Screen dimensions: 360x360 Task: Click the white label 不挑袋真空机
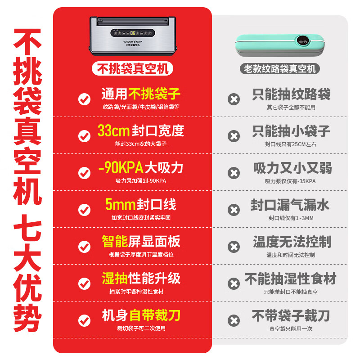(x=133, y=68)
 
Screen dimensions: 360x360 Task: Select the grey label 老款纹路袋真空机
(x=281, y=69)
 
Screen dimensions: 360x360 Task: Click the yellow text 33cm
(x=113, y=131)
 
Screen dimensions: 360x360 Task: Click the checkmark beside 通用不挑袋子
(x=84, y=99)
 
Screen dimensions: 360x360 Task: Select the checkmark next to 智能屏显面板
(x=84, y=247)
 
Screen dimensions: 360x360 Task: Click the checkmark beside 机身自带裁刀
(x=84, y=320)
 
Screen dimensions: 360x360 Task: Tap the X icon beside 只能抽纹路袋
(x=234, y=99)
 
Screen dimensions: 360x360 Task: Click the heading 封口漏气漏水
(x=290, y=205)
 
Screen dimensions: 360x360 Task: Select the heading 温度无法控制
(x=292, y=242)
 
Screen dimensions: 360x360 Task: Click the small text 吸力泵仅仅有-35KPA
(x=291, y=181)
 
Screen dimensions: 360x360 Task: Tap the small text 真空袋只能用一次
(x=291, y=328)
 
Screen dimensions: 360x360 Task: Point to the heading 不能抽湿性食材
(x=290, y=279)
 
